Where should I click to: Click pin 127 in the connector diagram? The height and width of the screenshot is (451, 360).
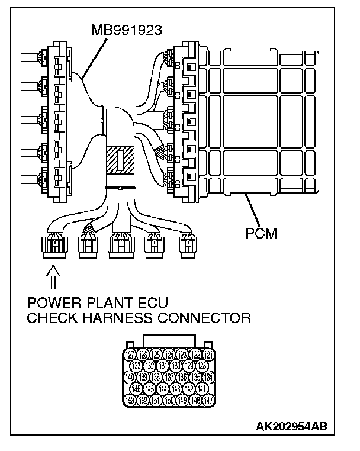[x=128, y=355]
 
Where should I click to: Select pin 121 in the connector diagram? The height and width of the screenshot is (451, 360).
[x=208, y=355]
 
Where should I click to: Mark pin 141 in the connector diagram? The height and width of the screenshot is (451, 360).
[x=202, y=388]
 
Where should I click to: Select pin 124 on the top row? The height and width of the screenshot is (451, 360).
[x=169, y=355]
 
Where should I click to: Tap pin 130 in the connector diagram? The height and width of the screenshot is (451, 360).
[x=175, y=366]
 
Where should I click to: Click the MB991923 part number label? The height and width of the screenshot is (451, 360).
[x=127, y=27]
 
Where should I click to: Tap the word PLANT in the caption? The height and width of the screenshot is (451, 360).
[x=99, y=304]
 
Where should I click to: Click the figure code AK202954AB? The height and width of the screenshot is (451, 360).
[x=292, y=426]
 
